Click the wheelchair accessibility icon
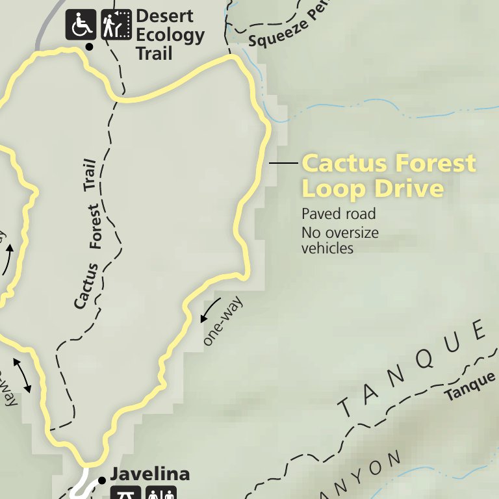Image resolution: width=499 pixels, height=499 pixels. pyautogui.click(x=81, y=25)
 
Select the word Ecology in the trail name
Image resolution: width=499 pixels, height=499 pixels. pyautogui.click(x=170, y=35)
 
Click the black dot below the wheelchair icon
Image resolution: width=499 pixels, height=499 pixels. pyautogui.click(x=89, y=47)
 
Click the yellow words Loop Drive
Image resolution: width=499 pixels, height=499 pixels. pyautogui.click(x=373, y=188)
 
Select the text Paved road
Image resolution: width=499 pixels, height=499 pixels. pyautogui.click(x=339, y=214)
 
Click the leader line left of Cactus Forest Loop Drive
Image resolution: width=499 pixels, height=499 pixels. pyautogui.click(x=283, y=162)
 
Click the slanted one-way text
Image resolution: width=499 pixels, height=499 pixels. pyautogui.click(x=223, y=322)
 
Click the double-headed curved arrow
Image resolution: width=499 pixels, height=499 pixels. pyautogui.click(x=22, y=374)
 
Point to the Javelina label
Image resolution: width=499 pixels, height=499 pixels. pyautogui.click(x=149, y=474)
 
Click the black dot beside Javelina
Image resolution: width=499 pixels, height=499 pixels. pyautogui.click(x=102, y=480)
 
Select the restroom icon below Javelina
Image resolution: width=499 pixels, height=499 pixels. pyautogui.click(x=160, y=493)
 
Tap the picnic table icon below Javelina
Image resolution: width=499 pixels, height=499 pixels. pyautogui.click(x=126, y=493)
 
